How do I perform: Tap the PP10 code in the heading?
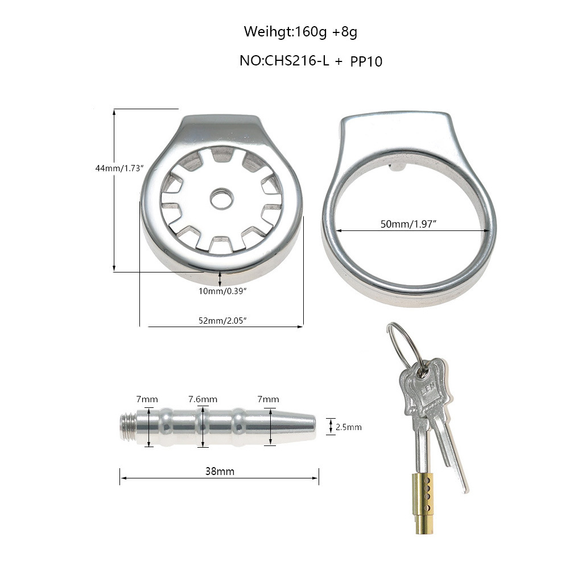tap(366, 61)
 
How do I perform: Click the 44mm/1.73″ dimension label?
tap(119, 168)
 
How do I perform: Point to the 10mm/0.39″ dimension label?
tap(222, 291)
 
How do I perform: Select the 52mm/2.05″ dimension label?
tap(222, 321)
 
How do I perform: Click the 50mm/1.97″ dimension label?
tap(408, 224)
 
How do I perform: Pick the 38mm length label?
tap(220, 471)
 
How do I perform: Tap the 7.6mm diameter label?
tap(203, 399)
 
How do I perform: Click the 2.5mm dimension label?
tap(348, 427)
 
